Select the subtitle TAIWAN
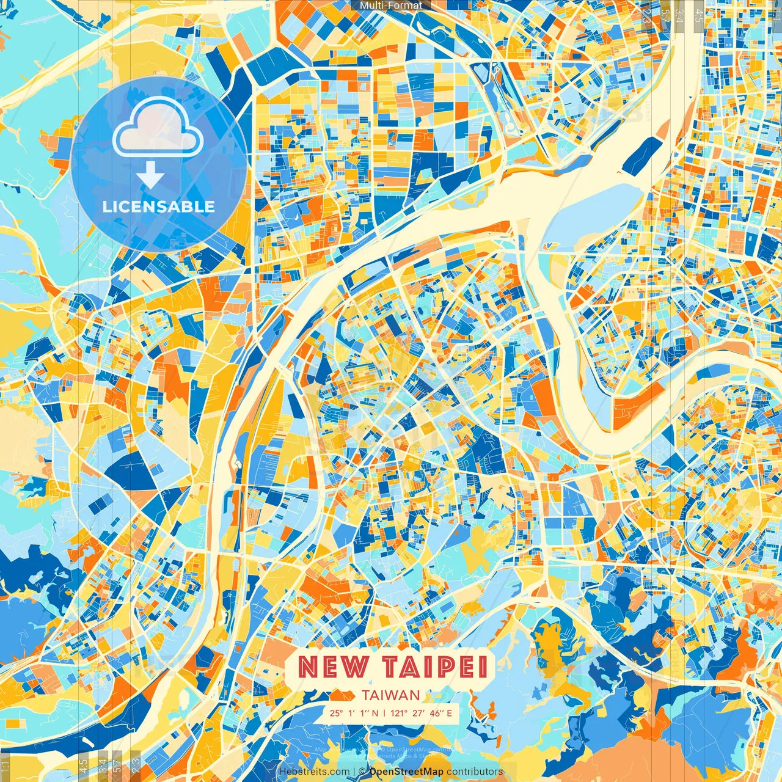pyautogui.click(x=390, y=695)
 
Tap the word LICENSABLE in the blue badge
pyautogui.click(x=159, y=206)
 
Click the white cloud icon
pyautogui.click(x=158, y=126)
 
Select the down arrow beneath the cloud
pyautogui.click(x=150, y=177)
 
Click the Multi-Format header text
pyautogui.click(x=391, y=5)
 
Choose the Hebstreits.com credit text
pyautogui.click(x=314, y=772)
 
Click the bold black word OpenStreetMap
pyautogui.click(x=406, y=772)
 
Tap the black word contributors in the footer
pyautogui.click(x=475, y=772)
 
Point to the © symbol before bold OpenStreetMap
pyautogui.click(x=362, y=772)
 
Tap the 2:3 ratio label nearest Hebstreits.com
pyautogui.click(x=135, y=763)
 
